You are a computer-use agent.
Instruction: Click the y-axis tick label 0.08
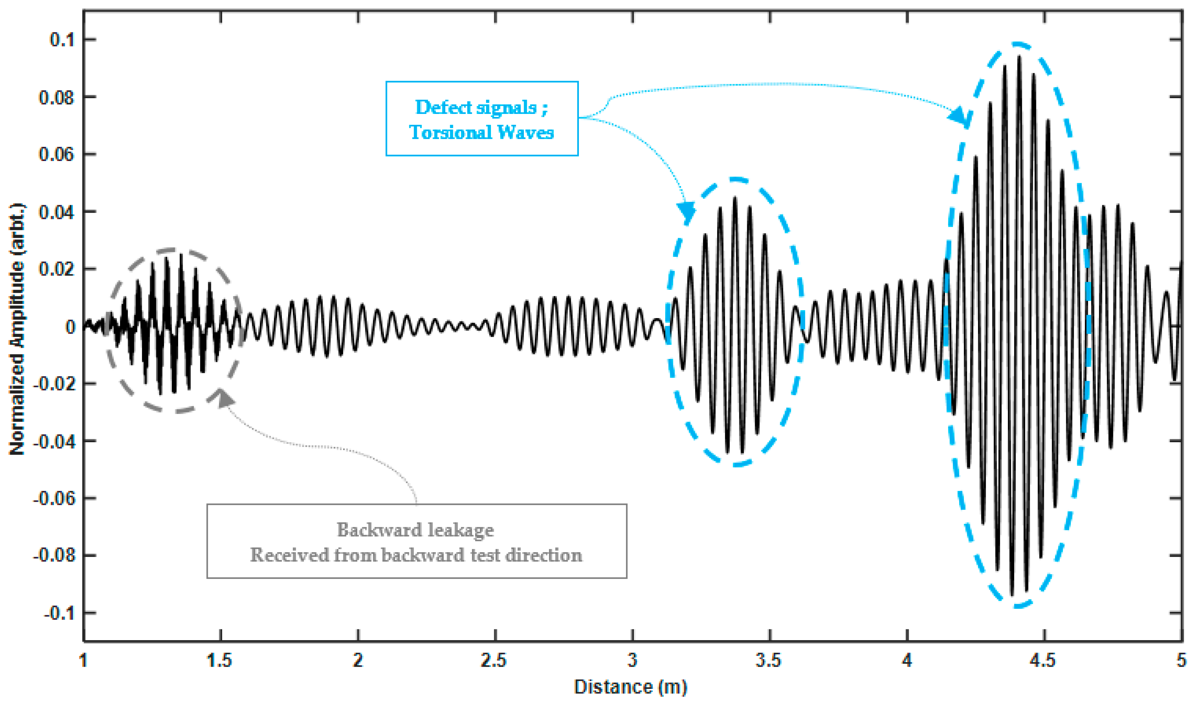(56, 97)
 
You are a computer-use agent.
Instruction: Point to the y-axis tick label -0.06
(53, 498)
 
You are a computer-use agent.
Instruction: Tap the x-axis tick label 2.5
(494, 660)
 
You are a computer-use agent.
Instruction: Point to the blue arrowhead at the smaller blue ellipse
(686, 211)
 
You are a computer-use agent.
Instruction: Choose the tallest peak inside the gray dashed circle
(181, 256)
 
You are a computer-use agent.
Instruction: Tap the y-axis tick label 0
(70, 327)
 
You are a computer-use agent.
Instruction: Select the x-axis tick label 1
(84, 660)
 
